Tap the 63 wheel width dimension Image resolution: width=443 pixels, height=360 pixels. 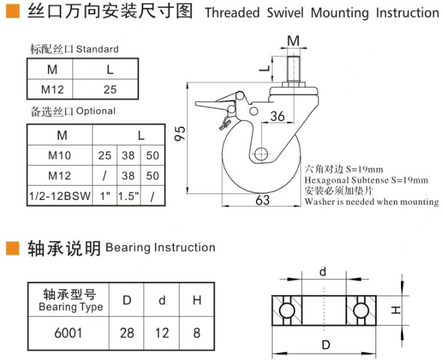click(x=263, y=200)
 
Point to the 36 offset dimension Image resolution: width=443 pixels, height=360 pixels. click(x=277, y=116)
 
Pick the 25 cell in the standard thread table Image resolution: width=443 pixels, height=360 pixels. click(x=110, y=89)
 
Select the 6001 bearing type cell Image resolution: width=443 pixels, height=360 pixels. click(x=68, y=333)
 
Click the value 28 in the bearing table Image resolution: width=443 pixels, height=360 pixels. click(x=127, y=333)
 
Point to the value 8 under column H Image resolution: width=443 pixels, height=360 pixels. click(x=196, y=333)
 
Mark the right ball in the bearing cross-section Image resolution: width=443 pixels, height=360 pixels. click(x=360, y=310)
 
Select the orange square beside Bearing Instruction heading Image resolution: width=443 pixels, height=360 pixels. click(x=12, y=248)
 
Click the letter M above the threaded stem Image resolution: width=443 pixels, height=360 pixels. click(x=293, y=41)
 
